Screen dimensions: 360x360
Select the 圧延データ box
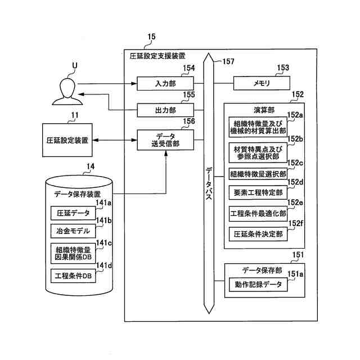[73, 213]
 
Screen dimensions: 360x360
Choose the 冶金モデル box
[73, 231]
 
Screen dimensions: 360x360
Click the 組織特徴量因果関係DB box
[73, 253]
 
